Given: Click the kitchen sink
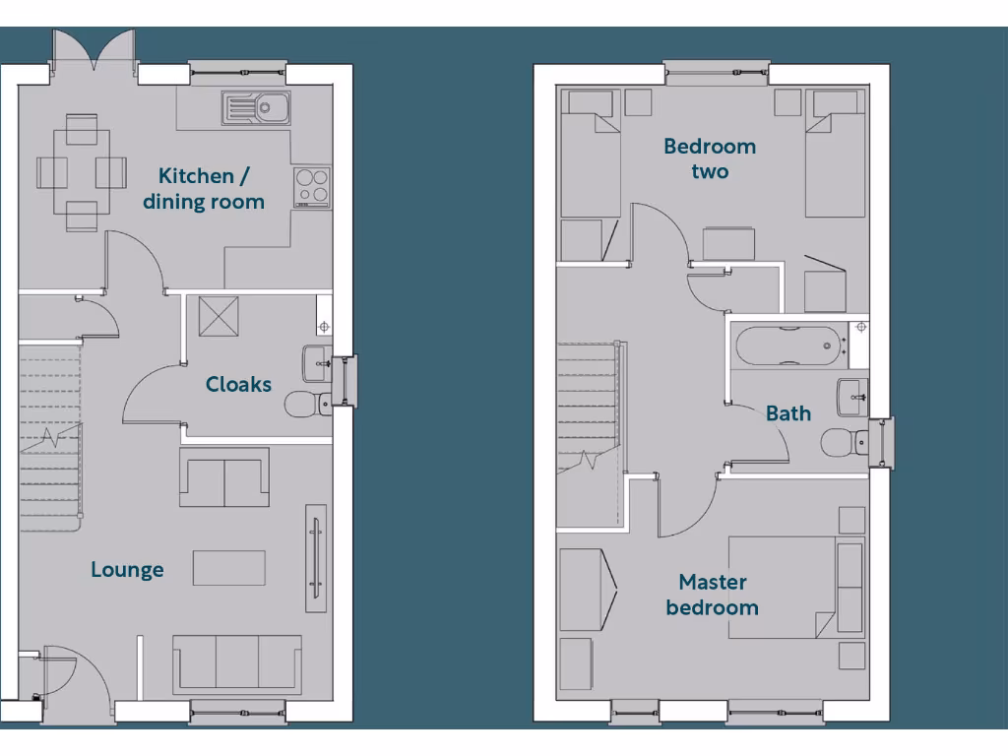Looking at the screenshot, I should [255, 107].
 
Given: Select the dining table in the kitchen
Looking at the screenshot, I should [82, 172].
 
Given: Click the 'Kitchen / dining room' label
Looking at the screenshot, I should [204, 189].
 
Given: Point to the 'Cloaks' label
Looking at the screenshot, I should [238, 385].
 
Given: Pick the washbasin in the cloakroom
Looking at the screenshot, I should [318, 360].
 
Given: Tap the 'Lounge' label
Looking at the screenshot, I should [127, 570].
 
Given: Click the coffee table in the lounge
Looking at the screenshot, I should [228, 568].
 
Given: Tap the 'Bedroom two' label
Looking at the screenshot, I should [710, 159].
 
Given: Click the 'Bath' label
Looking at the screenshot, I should [788, 413].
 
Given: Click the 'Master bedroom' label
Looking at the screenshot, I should [712, 596].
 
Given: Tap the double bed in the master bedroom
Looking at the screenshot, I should [796, 588].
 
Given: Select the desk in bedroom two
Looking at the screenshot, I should [729, 243].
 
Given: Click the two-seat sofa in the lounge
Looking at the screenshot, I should [224, 476].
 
